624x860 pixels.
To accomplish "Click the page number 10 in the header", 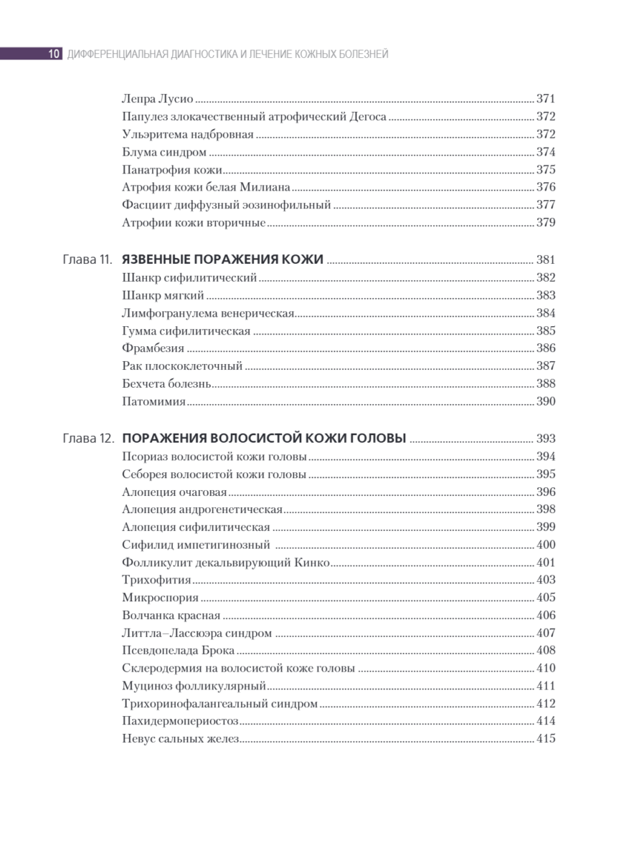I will (53, 54).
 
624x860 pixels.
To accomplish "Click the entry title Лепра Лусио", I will (158, 100).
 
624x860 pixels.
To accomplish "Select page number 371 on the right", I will (546, 100).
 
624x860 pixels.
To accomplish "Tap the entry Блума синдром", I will (164, 152).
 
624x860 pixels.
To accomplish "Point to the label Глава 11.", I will (87, 260).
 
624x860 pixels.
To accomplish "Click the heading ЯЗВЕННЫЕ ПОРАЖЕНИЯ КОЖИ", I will (223, 260).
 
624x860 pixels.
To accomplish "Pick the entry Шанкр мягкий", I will (164, 295).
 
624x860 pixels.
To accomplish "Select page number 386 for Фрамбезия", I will (546, 348).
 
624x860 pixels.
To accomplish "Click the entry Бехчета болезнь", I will (166, 383).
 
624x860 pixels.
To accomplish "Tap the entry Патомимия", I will (153, 401).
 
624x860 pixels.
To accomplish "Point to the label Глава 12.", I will (88, 439).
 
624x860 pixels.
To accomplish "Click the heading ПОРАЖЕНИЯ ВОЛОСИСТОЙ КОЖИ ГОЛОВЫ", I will (265, 439).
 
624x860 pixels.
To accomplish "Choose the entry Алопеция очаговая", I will (174, 492).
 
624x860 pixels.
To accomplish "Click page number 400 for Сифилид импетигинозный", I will (546, 545).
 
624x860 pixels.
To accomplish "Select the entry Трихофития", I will (156, 580).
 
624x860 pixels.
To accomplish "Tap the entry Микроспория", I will (160, 598).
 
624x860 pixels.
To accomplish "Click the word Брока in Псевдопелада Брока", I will (219, 651).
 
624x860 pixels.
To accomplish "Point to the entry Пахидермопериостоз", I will (180, 722).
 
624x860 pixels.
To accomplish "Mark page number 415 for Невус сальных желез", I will (546, 739).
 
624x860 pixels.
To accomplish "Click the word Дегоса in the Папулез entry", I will (369, 117).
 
